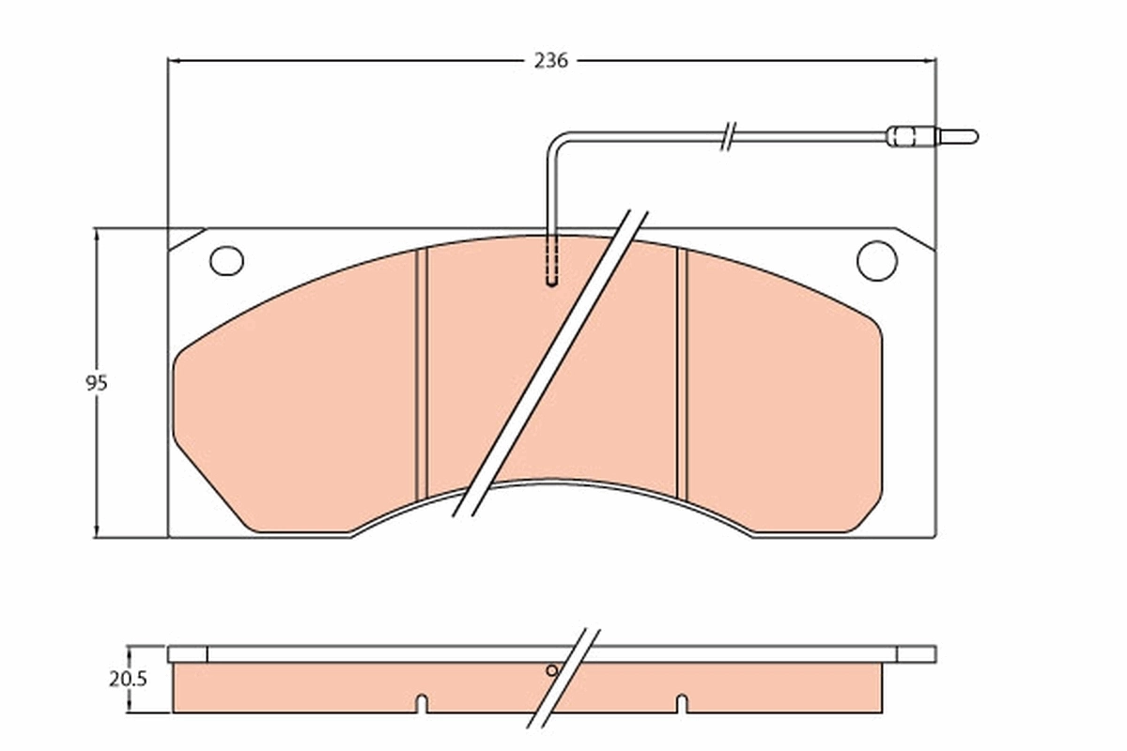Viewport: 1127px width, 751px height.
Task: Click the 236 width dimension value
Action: point(550,61)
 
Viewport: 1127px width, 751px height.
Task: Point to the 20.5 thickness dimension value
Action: point(128,679)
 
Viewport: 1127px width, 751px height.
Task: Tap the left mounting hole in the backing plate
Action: point(226,260)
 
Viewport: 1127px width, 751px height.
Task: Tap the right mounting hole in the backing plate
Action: point(876,260)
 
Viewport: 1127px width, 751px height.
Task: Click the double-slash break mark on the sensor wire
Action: point(728,136)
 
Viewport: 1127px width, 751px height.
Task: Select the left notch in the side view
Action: point(422,702)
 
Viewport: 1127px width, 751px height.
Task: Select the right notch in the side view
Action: point(682,702)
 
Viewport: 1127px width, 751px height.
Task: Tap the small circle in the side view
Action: point(552,670)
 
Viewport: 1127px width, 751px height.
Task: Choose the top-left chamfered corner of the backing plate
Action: point(185,238)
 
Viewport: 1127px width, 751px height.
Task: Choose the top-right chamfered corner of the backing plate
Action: point(917,238)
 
